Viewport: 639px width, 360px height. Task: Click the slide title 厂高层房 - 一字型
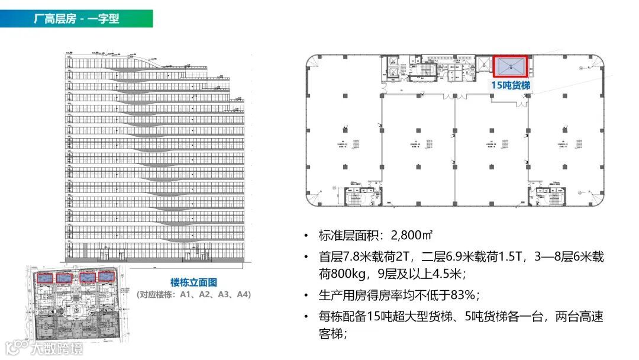76,18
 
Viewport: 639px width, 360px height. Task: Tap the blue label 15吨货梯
510,85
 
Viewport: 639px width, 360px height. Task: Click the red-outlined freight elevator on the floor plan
511,66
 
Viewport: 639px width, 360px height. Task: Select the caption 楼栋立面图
193,282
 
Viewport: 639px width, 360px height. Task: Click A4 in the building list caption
243,294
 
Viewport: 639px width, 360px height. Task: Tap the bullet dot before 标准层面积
306,236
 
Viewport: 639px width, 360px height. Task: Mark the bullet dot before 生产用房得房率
306,295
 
